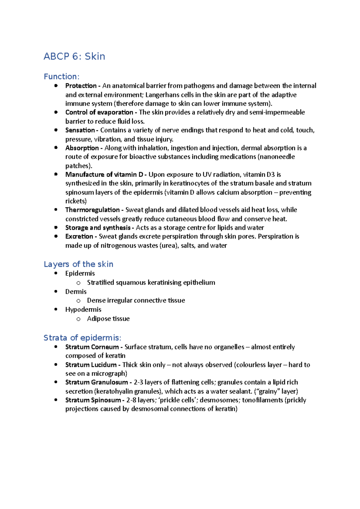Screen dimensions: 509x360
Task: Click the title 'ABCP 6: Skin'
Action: coord(74,56)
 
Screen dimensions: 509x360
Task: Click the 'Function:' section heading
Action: coord(61,76)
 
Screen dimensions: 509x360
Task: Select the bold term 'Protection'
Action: coord(81,86)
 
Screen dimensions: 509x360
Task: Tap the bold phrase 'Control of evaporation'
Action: coord(99,112)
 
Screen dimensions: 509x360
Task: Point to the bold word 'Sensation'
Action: coord(80,130)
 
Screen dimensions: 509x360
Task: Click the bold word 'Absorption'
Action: coord(82,148)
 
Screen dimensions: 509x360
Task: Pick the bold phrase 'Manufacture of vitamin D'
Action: coord(104,174)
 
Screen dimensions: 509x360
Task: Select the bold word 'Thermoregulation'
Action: coord(92,210)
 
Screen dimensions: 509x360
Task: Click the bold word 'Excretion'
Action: coord(79,237)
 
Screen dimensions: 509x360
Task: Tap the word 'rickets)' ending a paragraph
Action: coord(76,201)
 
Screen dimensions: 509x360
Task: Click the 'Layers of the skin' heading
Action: coord(78,264)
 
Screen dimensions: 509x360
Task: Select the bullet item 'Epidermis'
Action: coord(80,273)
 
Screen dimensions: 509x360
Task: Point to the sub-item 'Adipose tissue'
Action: coord(108,319)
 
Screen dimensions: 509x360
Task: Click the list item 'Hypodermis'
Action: coord(83,309)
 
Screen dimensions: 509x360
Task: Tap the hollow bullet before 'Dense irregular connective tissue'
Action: coord(78,301)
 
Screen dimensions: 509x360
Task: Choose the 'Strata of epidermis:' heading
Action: coord(82,338)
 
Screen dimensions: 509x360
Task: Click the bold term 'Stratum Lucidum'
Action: coord(91,365)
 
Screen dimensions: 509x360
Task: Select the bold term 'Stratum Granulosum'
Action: coord(97,382)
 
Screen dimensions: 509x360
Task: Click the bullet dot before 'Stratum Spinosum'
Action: coord(56,400)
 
